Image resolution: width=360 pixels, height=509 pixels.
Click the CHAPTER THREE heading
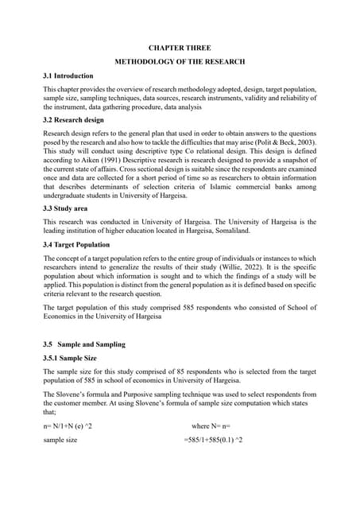point(180,47)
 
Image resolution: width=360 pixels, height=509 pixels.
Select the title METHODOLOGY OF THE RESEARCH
point(180,61)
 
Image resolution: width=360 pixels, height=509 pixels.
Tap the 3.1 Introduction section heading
point(68,76)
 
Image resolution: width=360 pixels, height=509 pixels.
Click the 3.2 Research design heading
point(73,120)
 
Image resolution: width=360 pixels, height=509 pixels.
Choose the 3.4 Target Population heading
point(76,244)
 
